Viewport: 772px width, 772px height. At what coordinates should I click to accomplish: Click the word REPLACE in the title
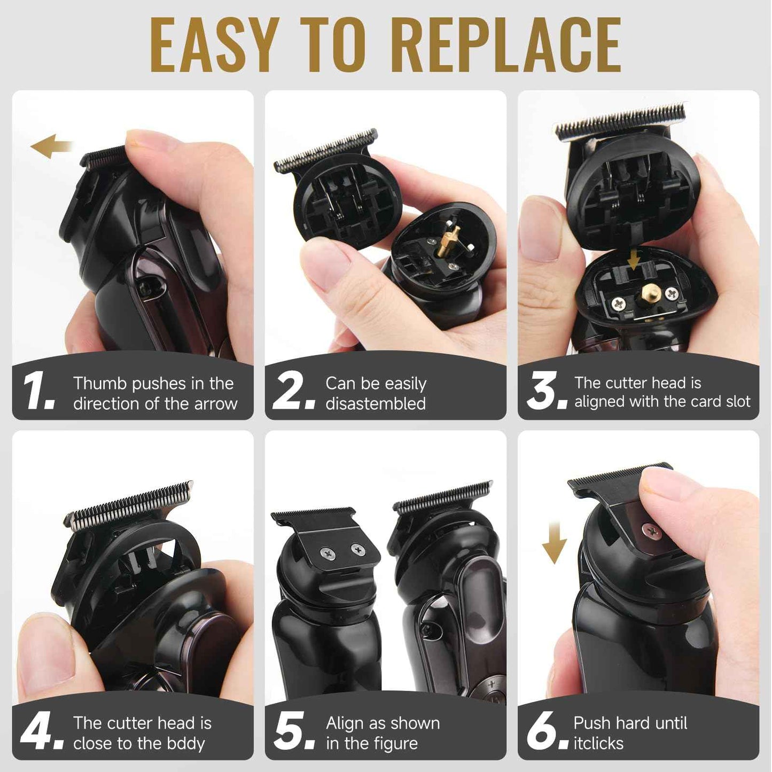[x=507, y=45]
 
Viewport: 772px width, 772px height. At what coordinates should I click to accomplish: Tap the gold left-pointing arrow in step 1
[x=51, y=146]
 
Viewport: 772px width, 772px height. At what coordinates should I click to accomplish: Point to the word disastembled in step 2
[x=376, y=404]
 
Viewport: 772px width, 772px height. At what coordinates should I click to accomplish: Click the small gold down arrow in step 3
[x=634, y=260]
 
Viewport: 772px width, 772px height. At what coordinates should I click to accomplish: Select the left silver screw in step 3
[x=619, y=305]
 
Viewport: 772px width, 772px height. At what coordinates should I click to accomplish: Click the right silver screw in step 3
[x=671, y=293]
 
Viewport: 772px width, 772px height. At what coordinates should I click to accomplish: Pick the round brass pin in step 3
[x=650, y=293]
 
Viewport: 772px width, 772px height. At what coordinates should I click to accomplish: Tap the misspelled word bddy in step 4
[x=184, y=744]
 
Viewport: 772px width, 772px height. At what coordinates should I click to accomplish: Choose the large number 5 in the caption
[x=291, y=730]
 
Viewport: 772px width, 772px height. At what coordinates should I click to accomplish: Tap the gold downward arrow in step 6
[x=554, y=542]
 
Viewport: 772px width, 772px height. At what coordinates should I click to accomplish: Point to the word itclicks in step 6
[x=598, y=744]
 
